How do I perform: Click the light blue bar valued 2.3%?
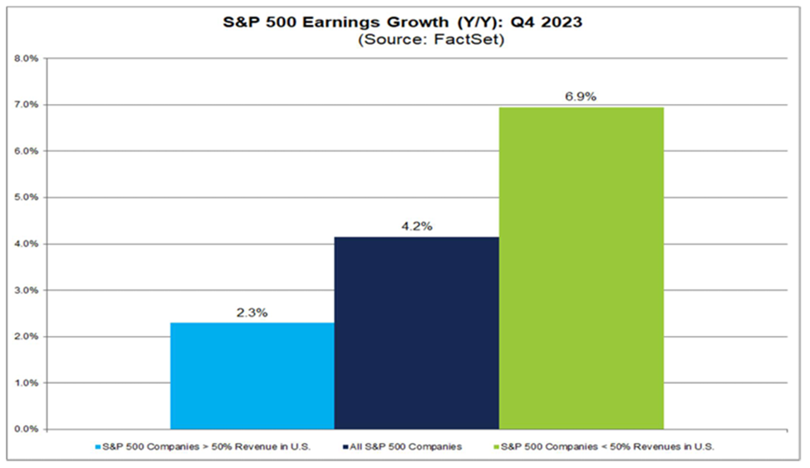point(252,376)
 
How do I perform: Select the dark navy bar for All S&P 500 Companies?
point(416,333)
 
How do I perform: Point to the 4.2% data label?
point(416,224)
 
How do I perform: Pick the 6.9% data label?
point(581,96)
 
